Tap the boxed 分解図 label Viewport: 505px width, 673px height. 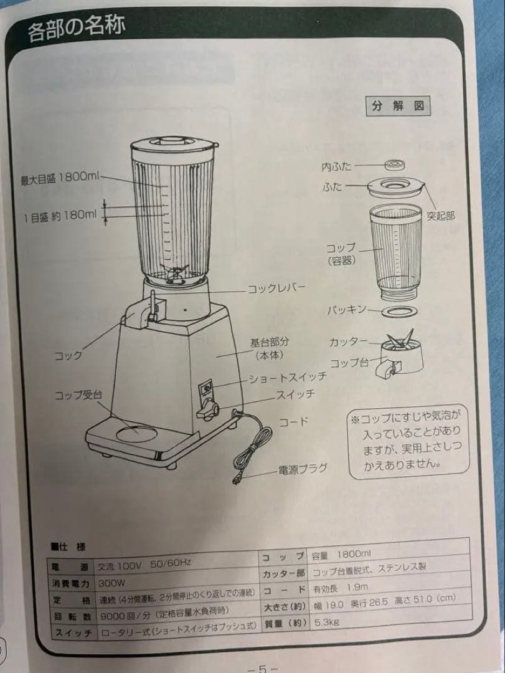click(397, 106)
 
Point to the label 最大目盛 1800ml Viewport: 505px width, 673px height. click(60, 178)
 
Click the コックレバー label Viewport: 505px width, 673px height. click(277, 289)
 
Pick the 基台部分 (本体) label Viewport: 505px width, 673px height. click(270, 349)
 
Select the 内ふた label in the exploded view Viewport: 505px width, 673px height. click(336, 166)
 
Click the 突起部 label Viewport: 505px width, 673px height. click(440, 216)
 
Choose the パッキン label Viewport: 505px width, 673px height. click(347, 310)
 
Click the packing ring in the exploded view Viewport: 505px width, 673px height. click(398, 311)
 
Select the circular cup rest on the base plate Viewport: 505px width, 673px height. click(136, 431)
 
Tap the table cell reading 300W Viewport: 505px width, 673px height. click(112, 584)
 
